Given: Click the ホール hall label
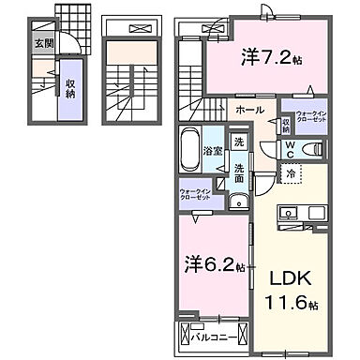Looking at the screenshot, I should pos(249,111).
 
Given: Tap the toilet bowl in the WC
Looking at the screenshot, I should pos(314,147).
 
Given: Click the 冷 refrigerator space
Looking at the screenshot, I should pos(292,172).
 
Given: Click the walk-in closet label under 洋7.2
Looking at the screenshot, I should pos(311,120).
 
